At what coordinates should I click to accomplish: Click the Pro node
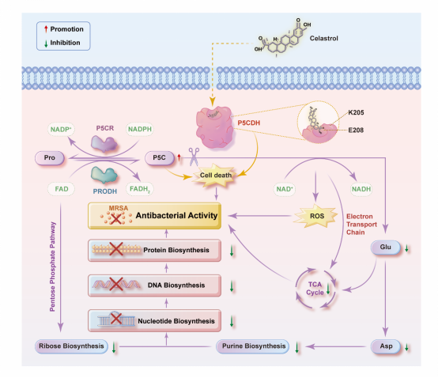pyautogui.click(x=50, y=158)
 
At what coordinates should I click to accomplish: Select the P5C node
pyautogui.click(x=159, y=158)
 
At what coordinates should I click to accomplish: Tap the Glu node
pyautogui.click(x=386, y=248)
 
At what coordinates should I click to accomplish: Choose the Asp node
pyautogui.click(x=386, y=346)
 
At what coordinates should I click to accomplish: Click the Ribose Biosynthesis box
pyautogui.click(x=71, y=346)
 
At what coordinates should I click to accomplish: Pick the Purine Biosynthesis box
pyautogui.click(x=253, y=346)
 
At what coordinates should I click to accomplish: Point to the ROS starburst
pyautogui.click(x=315, y=216)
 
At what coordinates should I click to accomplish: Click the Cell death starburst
pyautogui.click(x=215, y=176)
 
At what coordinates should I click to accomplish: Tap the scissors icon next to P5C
pyautogui.click(x=194, y=157)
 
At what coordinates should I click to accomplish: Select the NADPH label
pyautogui.click(x=140, y=129)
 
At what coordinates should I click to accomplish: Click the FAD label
pyautogui.click(x=62, y=189)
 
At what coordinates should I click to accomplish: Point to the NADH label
pyautogui.click(x=361, y=189)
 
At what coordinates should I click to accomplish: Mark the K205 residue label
pyautogui.click(x=356, y=112)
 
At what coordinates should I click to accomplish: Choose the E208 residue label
pyautogui.click(x=356, y=130)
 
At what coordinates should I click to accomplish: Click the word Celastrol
pyautogui.click(x=323, y=38)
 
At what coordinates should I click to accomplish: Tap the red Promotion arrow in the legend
pyautogui.click(x=46, y=28)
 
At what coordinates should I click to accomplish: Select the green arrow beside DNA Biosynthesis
pyautogui.click(x=232, y=286)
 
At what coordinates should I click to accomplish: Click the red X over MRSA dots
pyautogui.click(x=116, y=218)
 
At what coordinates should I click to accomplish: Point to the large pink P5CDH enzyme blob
pyautogui.click(x=214, y=127)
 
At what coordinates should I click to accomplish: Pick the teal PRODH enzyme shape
pyautogui.click(x=104, y=175)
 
